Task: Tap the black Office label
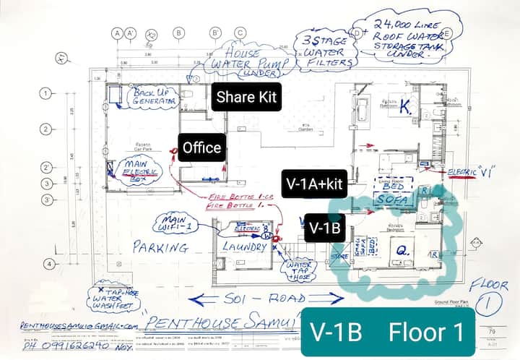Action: click(201, 148)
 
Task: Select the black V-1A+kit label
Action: click(314, 184)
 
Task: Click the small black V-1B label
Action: click(325, 226)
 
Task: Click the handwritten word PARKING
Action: click(160, 247)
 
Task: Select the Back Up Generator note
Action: click(152, 97)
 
